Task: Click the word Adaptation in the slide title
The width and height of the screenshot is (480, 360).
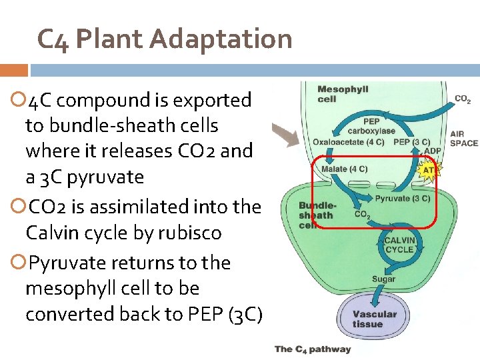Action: [x=221, y=39]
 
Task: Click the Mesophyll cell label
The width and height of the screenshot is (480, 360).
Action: [x=343, y=94]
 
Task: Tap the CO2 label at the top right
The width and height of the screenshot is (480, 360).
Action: [x=463, y=100]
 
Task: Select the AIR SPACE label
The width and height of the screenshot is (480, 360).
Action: [x=464, y=138]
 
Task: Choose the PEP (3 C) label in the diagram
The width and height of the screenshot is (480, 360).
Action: [x=412, y=142]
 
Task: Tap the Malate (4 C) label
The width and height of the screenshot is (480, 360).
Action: [x=343, y=169]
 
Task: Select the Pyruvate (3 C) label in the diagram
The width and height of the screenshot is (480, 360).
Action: [x=402, y=198]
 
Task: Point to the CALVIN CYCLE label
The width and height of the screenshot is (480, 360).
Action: [x=399, y=245]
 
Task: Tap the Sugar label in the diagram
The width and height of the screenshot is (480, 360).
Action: [x=383, y=279]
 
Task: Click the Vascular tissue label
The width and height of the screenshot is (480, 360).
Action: [x=374, y=319]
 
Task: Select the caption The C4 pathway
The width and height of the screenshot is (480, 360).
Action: [x=313, y=349]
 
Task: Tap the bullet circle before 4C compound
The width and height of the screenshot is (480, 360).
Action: [x=17, y=101]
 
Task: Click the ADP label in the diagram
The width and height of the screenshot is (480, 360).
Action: [x=433, y=151]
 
